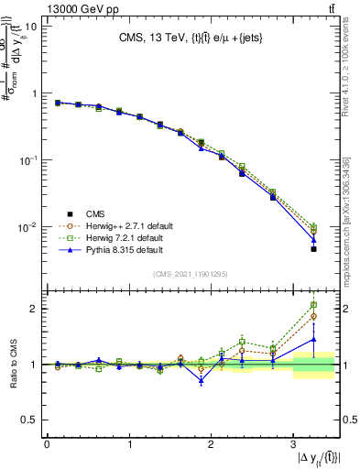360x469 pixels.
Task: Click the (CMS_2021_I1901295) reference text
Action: (191, 274)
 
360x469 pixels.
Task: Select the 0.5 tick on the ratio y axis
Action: (30, 419)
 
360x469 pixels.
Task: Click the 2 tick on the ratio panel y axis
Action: (34, 309)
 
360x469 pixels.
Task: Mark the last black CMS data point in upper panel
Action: (313, 249)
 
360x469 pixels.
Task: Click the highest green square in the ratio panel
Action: (313, 305)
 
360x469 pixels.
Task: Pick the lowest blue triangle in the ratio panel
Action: (201, 379)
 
